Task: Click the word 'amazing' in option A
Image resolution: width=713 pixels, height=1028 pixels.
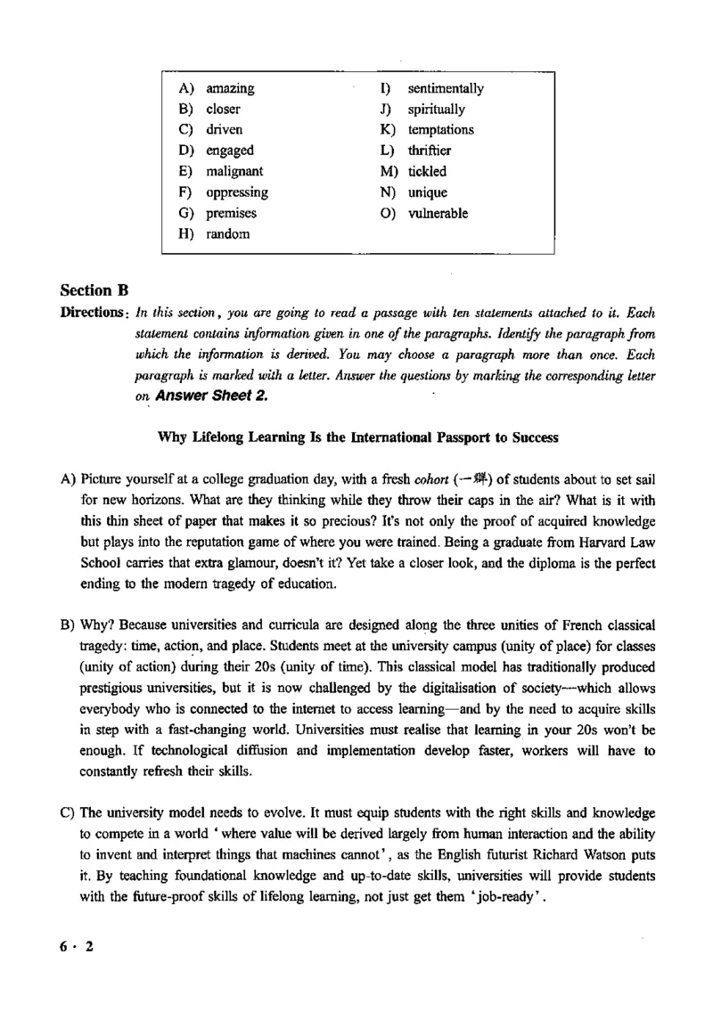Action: pos(230,88)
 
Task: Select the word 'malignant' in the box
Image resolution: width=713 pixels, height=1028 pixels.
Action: pos(234,171)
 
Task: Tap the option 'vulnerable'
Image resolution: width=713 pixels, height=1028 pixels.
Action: pos(438,214)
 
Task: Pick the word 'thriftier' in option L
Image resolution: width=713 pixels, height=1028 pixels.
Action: pos(430,151)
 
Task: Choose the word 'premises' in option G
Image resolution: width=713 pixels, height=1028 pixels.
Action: pos(231,214)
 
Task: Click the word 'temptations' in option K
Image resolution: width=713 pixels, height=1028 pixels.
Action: pos(441,130)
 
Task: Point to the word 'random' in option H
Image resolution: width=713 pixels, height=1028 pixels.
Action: pos(228,234)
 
